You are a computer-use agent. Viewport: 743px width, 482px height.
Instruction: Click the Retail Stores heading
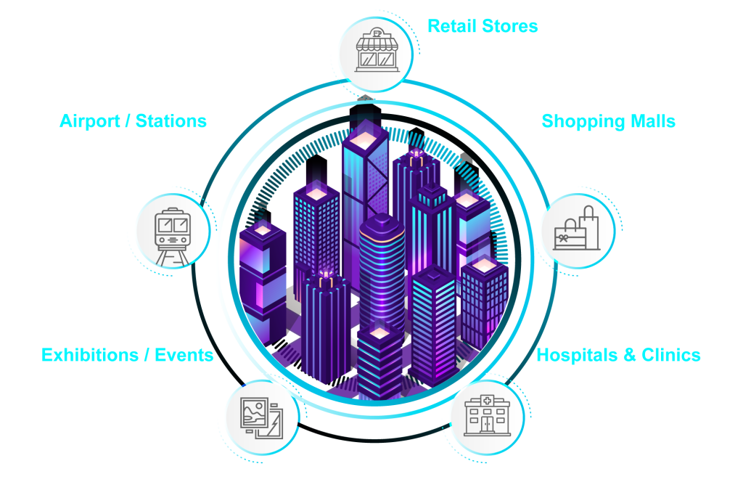[x=483, y=27]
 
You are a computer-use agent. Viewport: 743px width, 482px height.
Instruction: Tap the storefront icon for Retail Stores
[x=375, y=53]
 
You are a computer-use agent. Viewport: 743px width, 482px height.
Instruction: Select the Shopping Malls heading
[x=608, y=120]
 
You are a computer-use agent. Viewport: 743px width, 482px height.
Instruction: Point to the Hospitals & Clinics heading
[x=618, y=355]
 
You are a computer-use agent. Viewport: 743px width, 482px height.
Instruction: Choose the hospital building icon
[x=486, y=417]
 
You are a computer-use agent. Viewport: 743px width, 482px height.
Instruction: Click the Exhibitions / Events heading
[x=128, y=355]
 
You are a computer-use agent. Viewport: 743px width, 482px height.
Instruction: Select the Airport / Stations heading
[x=134, y=120]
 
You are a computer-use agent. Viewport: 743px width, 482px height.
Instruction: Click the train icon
[x=173, y=231]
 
